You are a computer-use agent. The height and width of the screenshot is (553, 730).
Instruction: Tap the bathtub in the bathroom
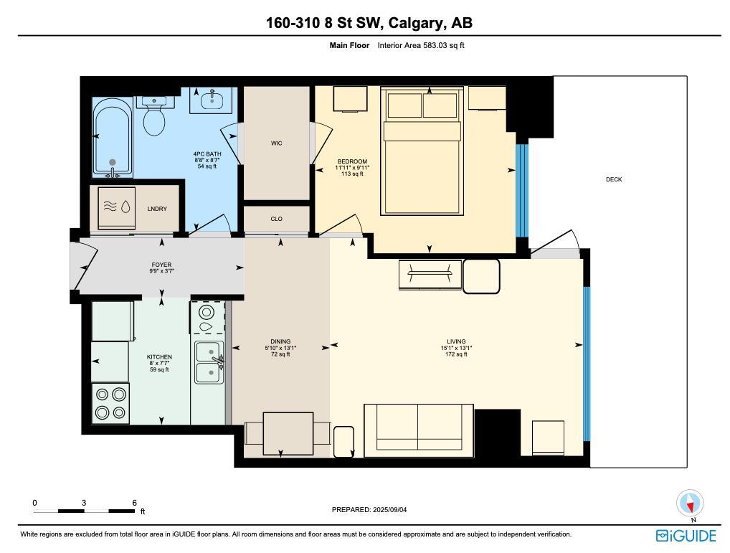(x=112, y=138)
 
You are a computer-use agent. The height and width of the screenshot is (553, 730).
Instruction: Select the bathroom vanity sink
(x=212, y=100)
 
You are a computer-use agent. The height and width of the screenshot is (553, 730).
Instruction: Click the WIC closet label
(x=276, y=143)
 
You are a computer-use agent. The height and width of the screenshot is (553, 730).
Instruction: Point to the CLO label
(x=276, y=219)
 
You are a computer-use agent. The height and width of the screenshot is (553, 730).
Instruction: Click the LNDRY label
(x=157, y=209)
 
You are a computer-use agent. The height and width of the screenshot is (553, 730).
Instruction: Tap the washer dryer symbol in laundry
(x=118, y=207)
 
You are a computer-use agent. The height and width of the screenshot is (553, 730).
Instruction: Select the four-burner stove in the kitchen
(x=110, y=403)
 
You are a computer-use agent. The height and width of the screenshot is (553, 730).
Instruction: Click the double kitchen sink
(x=208, y=362)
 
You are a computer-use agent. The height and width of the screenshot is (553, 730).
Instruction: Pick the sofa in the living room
(x=418, y=427)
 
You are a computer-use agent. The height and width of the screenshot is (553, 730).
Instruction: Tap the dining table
(x=288, y=433)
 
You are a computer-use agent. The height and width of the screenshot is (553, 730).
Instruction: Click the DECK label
(x=614, y=179)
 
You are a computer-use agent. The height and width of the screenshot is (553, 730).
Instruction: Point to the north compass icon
(x=691, y=504)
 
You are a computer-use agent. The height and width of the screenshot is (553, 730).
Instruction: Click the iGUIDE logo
(x=686, y=536)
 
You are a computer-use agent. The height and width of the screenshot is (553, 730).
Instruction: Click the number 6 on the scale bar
(x=134, y=503)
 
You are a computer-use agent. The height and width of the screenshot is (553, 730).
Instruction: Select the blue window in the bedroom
(x=522, y=190)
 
